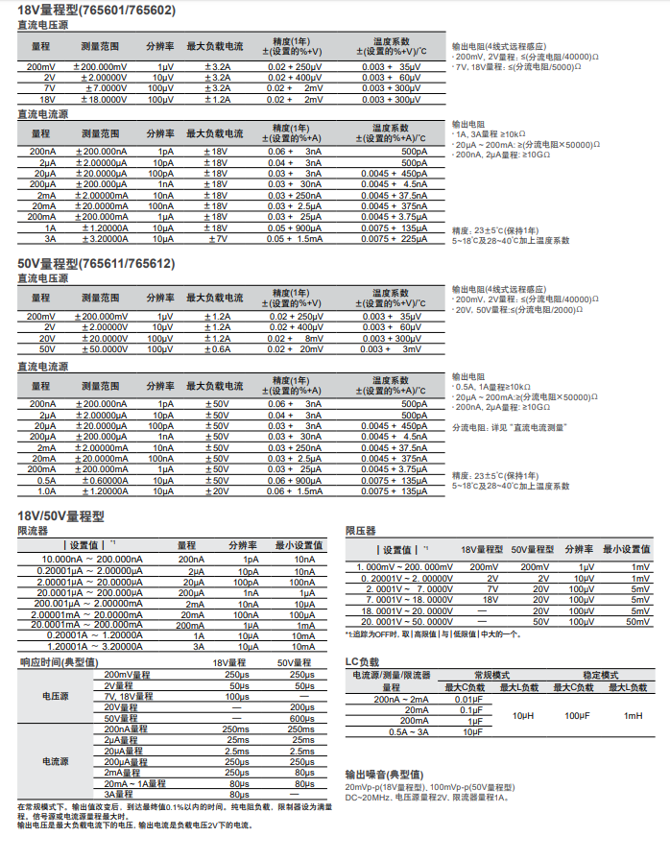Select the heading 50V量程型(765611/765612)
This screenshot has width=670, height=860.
[x=95, y=263]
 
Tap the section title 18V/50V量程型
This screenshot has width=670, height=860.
[x=60, y=515]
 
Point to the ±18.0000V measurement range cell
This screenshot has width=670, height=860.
[x=101, y=99]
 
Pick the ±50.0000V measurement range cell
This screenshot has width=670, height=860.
[x=101, y=349]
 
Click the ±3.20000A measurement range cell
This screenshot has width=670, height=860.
[x=101, y=239]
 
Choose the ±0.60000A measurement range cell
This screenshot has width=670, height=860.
[x=101, y=481]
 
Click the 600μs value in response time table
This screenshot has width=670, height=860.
[x=303, y=719]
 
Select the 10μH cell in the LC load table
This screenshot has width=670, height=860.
[x=522, y=716]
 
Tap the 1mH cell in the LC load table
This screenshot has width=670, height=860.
[x=633, y=716]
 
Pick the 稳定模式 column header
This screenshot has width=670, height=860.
[x=603, y=676]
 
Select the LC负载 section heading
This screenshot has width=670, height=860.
[x=362, y=662]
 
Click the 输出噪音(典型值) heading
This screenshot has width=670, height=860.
[x=384, y=775]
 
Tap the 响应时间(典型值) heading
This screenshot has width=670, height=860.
[x=58, y=661]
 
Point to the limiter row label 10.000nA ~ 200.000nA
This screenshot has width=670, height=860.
[x=91, y=560]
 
